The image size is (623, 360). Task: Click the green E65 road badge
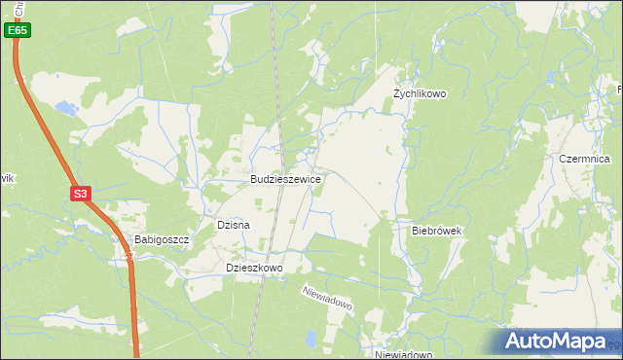pyautogui.click(x=17, y=31)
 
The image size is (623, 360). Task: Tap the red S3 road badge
pyautogui.click(x=80, y=195)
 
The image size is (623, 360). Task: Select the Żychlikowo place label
pyautogui.click(x=419, y=93)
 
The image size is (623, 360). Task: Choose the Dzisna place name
pyautogui.click(x=234, y=225)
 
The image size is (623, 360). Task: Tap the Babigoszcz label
pyautogui.click(x=161, y=239)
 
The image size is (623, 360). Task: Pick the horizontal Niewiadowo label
pyautogui.click(x=403, y=355)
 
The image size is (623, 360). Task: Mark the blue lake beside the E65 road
pyautogui.click(x=64, y=108)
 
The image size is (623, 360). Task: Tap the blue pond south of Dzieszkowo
pyautogui.click(x=308, y=339)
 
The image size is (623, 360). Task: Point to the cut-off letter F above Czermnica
pyautogui.click(x=619, y=90)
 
